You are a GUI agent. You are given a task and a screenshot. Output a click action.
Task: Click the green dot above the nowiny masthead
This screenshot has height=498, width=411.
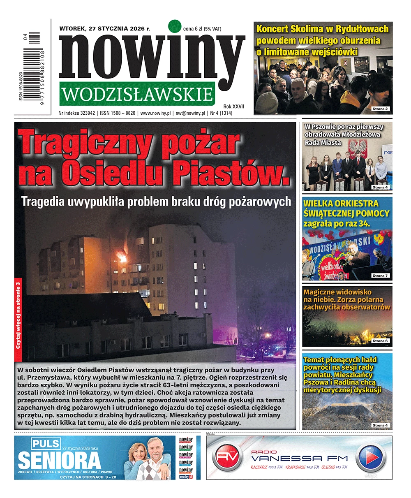click(x=175, y=25)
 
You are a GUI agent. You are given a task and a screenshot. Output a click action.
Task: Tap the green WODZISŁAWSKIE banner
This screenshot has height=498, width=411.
click(x=136, y=94)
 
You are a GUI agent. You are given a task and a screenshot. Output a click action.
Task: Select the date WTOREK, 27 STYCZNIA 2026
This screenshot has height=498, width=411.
click(x=105, y=29)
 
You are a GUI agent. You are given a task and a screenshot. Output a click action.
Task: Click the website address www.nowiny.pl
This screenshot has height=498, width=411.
click(x=155, y=113)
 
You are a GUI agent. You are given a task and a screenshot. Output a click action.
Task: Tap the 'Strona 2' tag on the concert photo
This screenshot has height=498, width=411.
click(x=380, y=109)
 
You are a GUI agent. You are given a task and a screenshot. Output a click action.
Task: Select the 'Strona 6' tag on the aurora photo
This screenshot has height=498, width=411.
click(x=380, y=341)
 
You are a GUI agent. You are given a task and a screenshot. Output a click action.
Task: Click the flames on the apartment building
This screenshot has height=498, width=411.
click(x=121, y=257)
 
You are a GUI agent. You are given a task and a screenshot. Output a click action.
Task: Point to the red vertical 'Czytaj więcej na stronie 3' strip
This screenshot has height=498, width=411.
click(x=18, y=315)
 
